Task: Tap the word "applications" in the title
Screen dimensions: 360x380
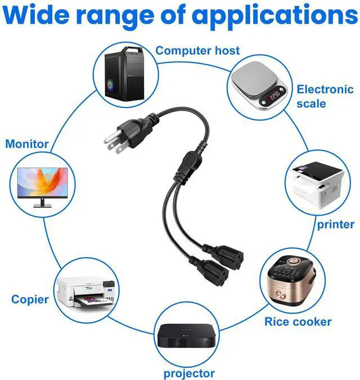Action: [x=275, y=17]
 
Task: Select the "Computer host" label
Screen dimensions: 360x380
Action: [x=197, y=50]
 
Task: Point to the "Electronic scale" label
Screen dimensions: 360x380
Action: [x=325, y=96]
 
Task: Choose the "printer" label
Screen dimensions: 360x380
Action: [x=335, y=224]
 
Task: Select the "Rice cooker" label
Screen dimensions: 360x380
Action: [x=298, y=322]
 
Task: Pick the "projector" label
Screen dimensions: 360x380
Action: [x=189, y=373]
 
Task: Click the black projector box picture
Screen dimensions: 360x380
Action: [x=186, y=337]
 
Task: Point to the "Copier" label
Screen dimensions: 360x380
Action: [x=30, y=299]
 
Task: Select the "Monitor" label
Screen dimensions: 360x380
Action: [x=27, y=144]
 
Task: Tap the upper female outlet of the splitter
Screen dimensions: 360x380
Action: [x=231, y=254]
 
